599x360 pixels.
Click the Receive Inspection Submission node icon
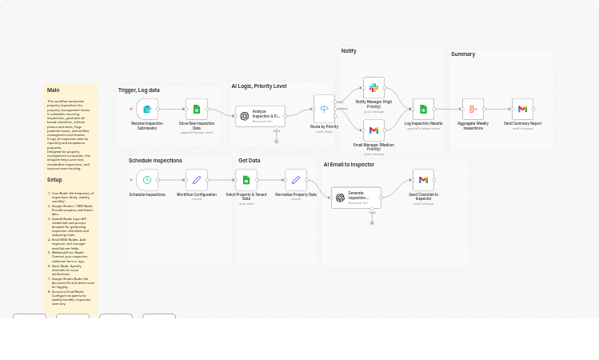coord(147,110)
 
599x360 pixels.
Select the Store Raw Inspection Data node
coord(197,110)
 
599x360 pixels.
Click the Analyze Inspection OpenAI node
coord(260,116)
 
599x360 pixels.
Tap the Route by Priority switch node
coord(324,109)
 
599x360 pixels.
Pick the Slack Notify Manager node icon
coord(373,87)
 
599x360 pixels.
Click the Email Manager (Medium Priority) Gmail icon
coord(373,130)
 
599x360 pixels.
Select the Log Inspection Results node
coord(423,110)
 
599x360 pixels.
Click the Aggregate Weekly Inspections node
coord(473,110)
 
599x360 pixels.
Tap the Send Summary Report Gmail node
coord(522,110)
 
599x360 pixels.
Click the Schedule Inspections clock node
coord(147,180)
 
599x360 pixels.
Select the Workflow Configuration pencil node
coord(197,180)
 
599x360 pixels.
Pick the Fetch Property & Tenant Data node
coord(246,180)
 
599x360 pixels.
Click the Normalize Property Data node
coord(296,180)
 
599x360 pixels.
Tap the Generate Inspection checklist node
coord(356,198)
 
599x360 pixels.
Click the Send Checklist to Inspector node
coord(423,180)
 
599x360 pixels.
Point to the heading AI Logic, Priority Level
coord(259,86)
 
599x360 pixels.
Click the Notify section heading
coord(349,51)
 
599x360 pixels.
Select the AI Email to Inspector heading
coord(349,165)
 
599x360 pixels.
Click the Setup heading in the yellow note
coord(54,180)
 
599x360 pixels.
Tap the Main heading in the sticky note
coord(53,90)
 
